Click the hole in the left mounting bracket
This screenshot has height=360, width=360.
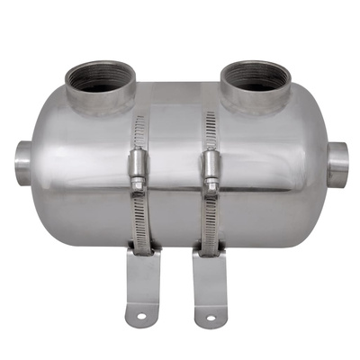point(140,312)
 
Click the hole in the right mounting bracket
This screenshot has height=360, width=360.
point(211,316)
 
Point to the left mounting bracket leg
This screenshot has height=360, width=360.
point(142,283)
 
